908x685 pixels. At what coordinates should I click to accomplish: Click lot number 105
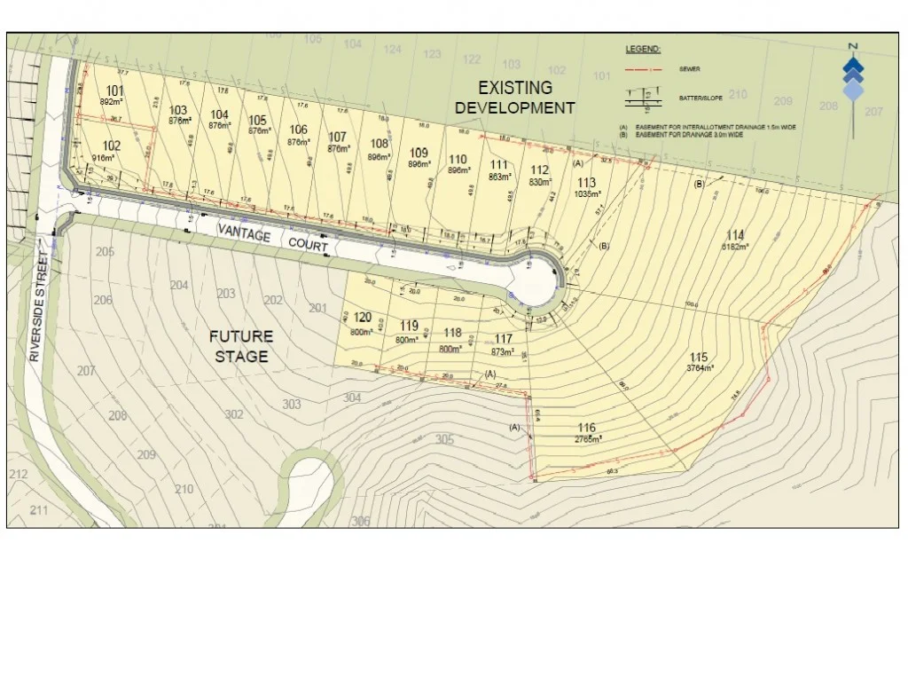pyautogui.click(x=258, y=121)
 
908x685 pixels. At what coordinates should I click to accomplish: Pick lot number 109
pyautogui.click(x=419, y=153)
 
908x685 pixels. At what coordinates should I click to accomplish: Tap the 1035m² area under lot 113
pyautogui.click(x=586, y=193)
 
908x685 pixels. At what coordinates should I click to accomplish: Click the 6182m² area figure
pyautogui.click(x=734, y=247)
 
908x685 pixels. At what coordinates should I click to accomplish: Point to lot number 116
pyautogui.click(x=585, y=428)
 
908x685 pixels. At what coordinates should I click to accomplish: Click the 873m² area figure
pyautogui.click(x=503, y=352)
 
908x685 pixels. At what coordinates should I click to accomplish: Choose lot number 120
pyautogui.click(x=362, y=318)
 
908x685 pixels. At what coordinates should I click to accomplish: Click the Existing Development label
pyautogui.click(x=515, y=98)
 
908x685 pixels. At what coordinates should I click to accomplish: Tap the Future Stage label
pyautogui.click(x=241, y=346)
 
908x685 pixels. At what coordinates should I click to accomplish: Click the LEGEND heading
pyautogui.click(x=643, y=49)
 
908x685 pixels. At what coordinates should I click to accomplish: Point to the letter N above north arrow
pyautogui.click(x=852, y=46)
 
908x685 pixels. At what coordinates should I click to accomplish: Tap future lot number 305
pyautogui.click(x=444, y=439)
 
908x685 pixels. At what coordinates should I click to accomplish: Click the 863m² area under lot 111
pyautogui.click(x=500, y=177)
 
